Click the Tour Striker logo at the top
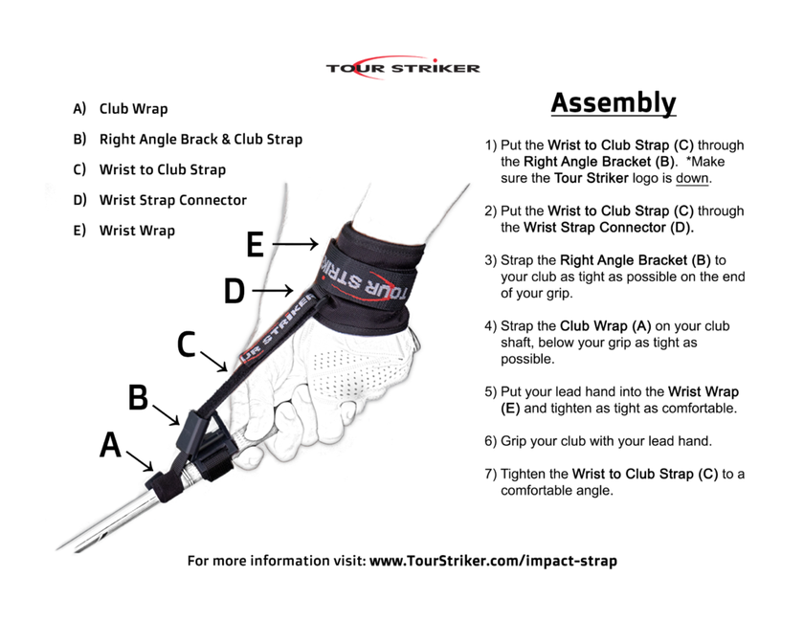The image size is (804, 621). (x=402, y=67)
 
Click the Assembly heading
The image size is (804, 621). (x=613, y=103)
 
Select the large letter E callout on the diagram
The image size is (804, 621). (x=255, y=245)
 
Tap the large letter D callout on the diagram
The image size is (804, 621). (x=234, y=290)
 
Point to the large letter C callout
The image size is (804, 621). (x=188, y=344)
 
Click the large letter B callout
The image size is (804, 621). (x=138, y=397)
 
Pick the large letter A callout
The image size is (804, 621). (x=111, y=445)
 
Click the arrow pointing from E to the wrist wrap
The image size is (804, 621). (x=295, y=245)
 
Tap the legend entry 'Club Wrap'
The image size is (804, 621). (x=133, y=109)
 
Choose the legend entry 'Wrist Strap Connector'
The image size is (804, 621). (x=172, y=200)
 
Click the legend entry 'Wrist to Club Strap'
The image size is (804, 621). (x=162, y=169)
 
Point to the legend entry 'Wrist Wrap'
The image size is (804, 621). (x=137, y=231)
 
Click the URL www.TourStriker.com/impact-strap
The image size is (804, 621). (x=493, y=561)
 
